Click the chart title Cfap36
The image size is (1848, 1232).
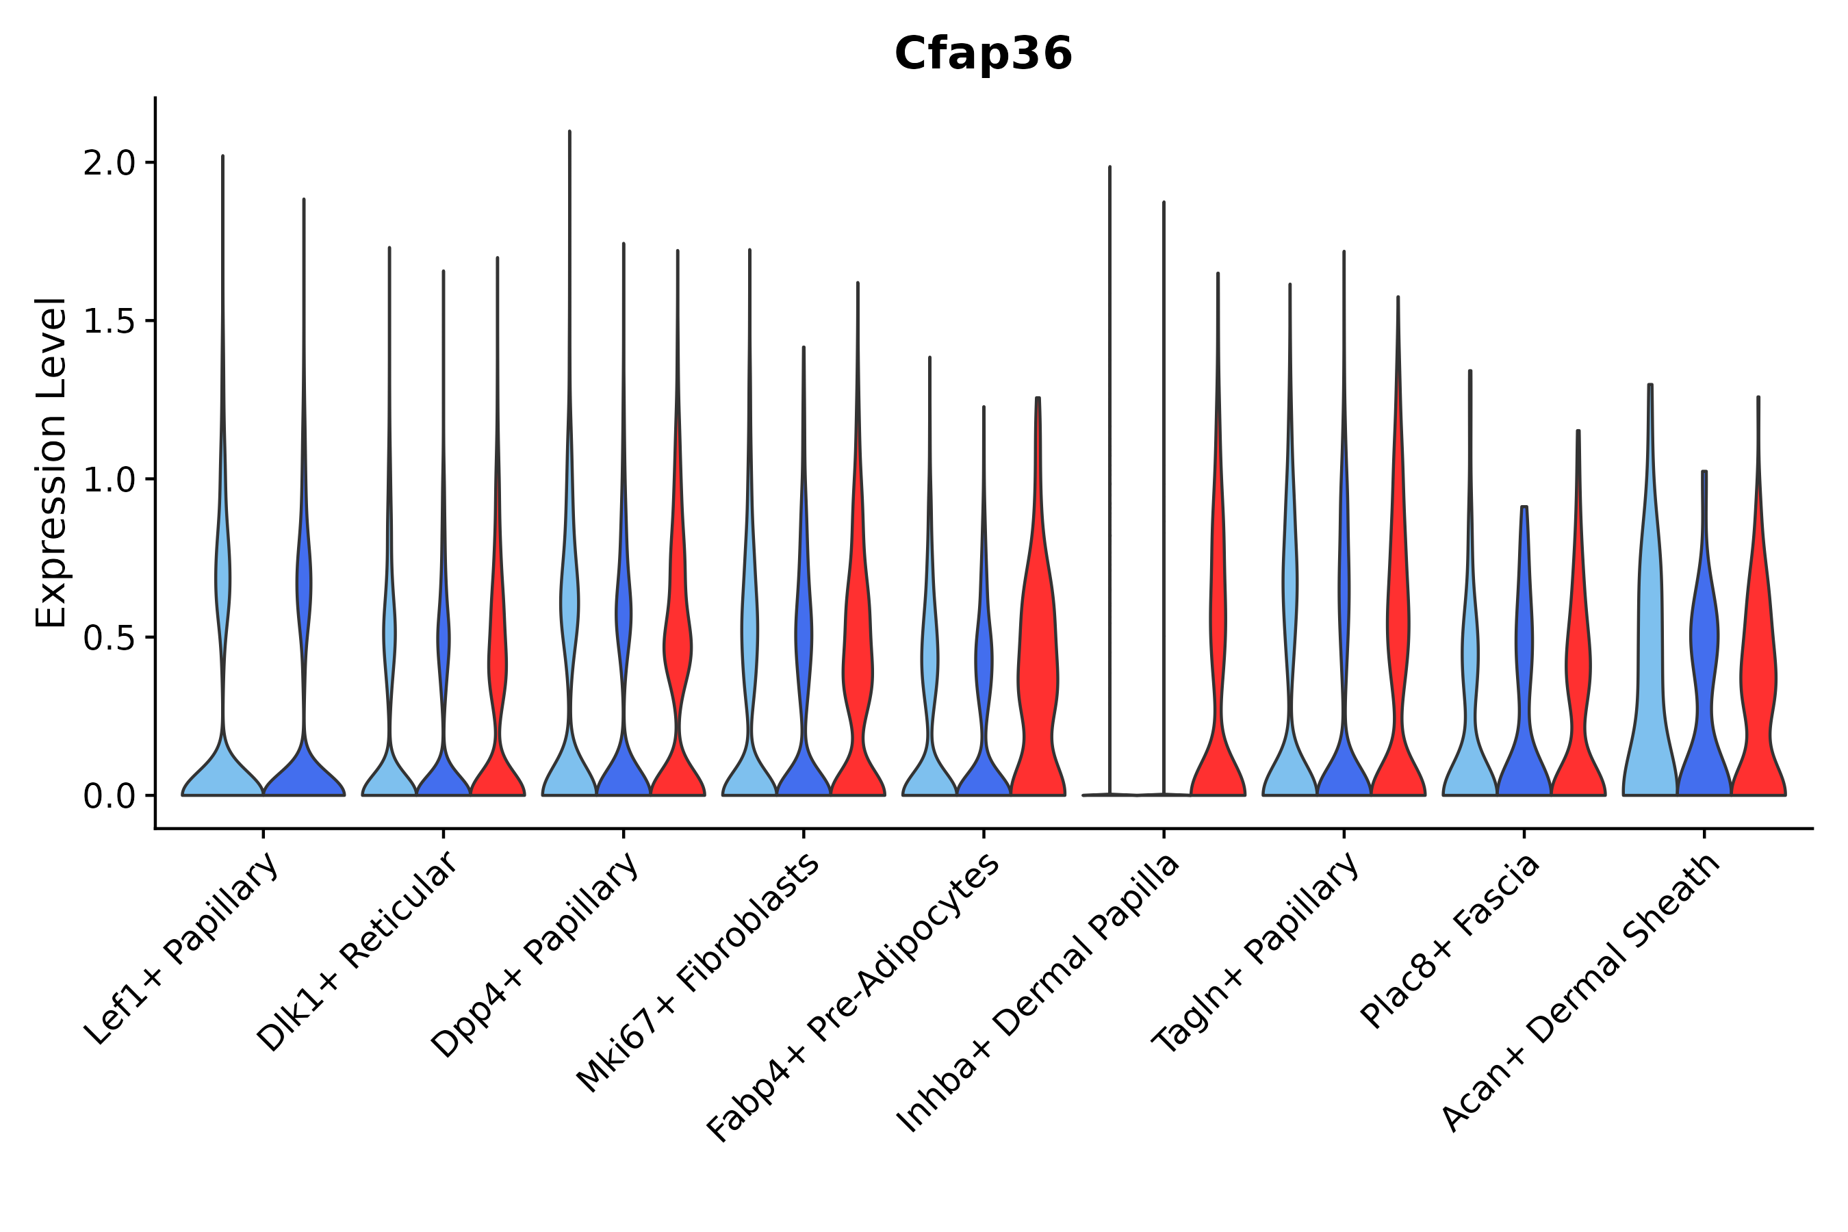[983, 55]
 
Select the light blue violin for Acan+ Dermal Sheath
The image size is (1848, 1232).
[1650, 668]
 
